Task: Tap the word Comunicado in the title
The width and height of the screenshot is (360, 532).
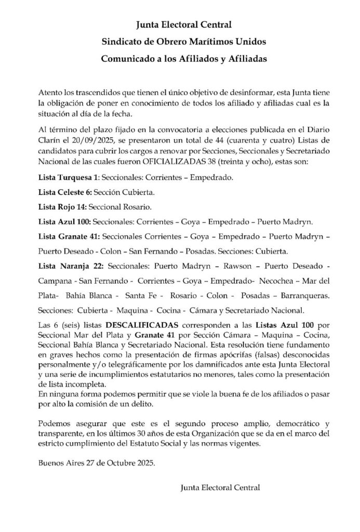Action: pos(127,59)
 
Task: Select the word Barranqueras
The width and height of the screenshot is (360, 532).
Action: pos(304,296)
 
